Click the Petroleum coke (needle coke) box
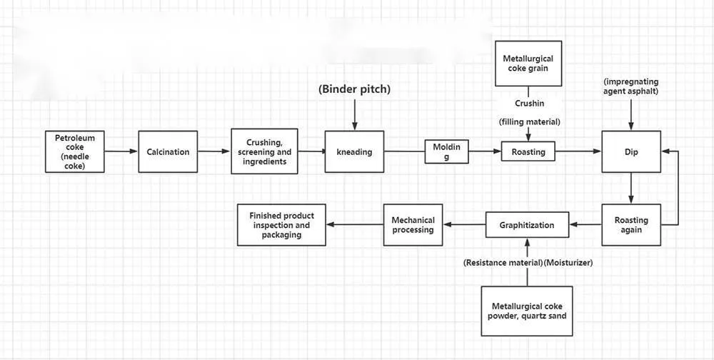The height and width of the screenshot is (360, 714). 75,151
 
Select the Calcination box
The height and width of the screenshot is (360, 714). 168,151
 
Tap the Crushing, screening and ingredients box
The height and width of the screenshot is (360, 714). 263,151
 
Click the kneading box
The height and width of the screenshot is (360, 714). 354,151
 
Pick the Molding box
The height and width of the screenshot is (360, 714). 447,151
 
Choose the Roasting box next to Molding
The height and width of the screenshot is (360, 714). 528,151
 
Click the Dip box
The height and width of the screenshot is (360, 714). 631,151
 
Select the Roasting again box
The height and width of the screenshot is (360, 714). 631,225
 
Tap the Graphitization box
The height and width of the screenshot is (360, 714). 527,225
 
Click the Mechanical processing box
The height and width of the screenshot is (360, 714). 413,225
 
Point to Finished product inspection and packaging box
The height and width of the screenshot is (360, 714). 282,225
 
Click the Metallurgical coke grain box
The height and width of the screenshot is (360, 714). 528,64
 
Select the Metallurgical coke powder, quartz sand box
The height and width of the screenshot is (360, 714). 528,311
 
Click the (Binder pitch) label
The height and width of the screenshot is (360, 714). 354,90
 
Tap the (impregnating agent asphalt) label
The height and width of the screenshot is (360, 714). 631,86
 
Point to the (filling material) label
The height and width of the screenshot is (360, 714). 529,122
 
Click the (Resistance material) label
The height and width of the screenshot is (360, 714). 503,263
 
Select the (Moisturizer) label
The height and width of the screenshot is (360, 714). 568,263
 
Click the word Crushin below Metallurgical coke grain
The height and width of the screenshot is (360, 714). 529,103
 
